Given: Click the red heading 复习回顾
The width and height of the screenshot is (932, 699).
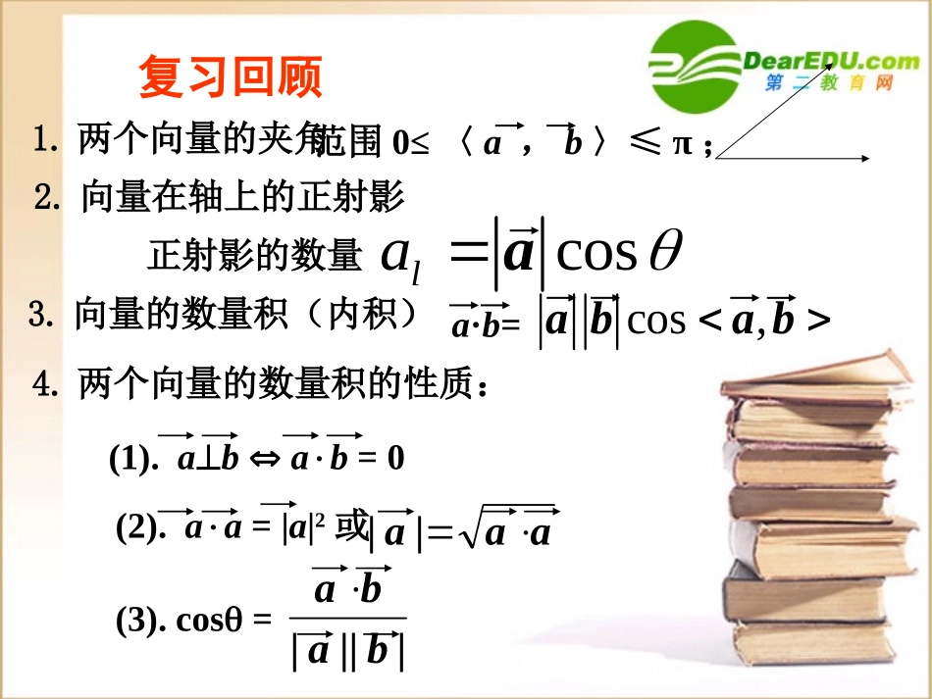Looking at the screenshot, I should (x=231, y=76).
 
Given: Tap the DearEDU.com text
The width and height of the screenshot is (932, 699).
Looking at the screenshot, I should (x=833, y=61).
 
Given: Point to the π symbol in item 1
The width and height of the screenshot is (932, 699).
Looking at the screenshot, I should (x=683, y=144).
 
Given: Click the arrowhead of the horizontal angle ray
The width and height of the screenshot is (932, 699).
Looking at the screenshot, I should (x=866, y=157).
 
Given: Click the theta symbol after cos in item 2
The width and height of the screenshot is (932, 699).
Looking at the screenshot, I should (x=665, y=252).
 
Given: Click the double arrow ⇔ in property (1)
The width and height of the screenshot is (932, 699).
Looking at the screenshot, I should (x=265, y=459).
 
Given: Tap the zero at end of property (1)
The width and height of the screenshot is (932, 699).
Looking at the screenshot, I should (x=395, y=458).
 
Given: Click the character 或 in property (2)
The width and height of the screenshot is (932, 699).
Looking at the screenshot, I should (x=350, y=528).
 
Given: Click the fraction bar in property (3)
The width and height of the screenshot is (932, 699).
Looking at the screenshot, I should (x=348, y=618).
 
